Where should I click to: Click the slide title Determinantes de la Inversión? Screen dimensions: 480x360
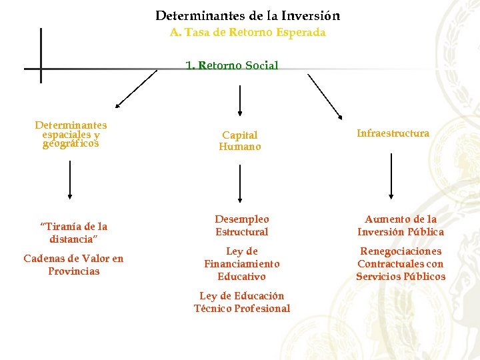pyautogui.click(x=247, y=15)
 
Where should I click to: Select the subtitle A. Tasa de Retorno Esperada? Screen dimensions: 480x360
pyautogui.click(x=247, y=32)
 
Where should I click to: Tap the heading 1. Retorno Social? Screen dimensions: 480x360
pyautogui.click(x=232, y=65)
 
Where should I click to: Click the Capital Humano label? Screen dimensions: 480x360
pyautogui.click(x=239, y=141)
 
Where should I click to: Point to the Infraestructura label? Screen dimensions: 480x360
pyautogui.click(x=393, y=133)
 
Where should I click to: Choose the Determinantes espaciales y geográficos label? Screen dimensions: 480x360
pyautogui.click(x=71, y=133)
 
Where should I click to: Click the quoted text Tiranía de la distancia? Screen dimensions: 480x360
pyautogui.click(x=73, y=232)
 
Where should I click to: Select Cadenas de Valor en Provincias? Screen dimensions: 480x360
pyautogui.click(x=73, y=265)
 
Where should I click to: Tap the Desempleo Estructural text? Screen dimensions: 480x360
pyautogui.click(x=241, y=225)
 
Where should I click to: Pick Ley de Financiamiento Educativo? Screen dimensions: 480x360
pyautogui.click(x=241, y=263)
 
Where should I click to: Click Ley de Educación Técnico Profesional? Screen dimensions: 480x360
pyautogui.click(x=241, y=302)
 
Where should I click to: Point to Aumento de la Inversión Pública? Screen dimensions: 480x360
pyautogui.click(x=400, y=225)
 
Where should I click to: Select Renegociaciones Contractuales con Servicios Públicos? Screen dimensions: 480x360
pyautogui.click(x=400, y=263)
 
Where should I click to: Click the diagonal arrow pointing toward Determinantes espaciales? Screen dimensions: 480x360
pyautogui.click(x=136, y=89)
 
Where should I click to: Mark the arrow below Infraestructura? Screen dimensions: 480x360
pyautogui.click(x=391, y=177)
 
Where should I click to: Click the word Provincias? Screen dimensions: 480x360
pyautogui.click(x=73, y=271)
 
